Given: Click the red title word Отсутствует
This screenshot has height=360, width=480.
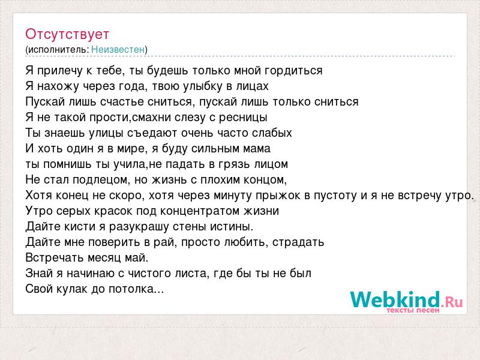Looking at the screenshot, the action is point(67,34).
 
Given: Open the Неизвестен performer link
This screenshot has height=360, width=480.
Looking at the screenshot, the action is point(118,49).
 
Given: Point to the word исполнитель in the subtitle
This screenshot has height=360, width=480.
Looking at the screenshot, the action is point(58,50).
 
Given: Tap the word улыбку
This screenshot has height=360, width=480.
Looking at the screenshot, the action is point(202,86).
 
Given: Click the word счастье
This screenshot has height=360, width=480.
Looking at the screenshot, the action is point(122,101).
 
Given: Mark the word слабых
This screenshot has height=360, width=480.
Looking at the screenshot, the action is point(272,133).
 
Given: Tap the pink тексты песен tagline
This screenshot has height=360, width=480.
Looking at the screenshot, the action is point(413,310).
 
